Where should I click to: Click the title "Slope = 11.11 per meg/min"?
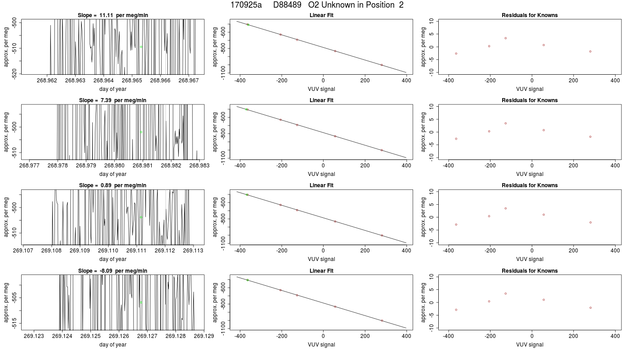(x=113, y=15)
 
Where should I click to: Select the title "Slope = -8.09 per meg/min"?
(x=113, y=271)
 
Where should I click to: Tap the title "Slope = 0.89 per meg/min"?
(x=113, y=185)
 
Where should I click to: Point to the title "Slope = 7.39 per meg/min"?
(x=113, y=100)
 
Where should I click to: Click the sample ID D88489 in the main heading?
(x=287, y=5)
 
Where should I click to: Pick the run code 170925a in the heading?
(x=246, y=5)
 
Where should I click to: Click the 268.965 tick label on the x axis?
(x=131, y=81)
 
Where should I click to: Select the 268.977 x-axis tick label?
(x=29, y=166)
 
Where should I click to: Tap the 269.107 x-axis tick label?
(x=23, y=251)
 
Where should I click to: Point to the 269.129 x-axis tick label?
(x=204, y=336)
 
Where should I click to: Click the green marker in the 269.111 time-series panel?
(x=141, y=217)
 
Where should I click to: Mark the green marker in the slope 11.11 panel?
(x=141, y=47)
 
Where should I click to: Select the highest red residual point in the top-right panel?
(x=505, y=38)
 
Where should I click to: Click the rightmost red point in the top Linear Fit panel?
(x=382, y=65)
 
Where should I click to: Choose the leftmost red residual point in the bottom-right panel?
(x=456, y=310)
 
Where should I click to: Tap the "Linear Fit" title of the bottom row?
(x=321, y=271)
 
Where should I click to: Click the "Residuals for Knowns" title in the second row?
(x=530, y=100)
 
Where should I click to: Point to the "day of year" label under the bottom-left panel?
(x=113, y=345)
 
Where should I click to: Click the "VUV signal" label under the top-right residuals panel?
(x=530, y=89)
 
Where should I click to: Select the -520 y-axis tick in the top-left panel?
(x=14, y=74)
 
